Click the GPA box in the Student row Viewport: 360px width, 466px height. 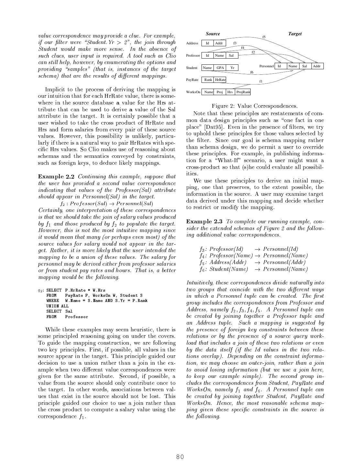(x=220, y=68)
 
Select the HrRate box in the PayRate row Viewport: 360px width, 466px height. (x=220, y=80)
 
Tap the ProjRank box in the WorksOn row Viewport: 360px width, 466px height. (x=243, y=92)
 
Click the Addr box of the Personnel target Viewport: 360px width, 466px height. (x=317, y=66)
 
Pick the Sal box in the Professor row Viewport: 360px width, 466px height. (x=231, y=55)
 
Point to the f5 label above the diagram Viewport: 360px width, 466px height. (x=264, y=37)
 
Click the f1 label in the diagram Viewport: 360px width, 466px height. (x=261, y=81)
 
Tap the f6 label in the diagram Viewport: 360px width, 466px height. (x=252, y=72)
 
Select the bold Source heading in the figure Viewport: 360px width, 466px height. (x=213, y=34)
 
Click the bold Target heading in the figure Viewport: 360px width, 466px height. (x=295, y=34)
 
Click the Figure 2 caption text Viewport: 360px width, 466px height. (x=255, y=106)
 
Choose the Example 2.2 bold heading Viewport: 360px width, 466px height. (x=56, y=177)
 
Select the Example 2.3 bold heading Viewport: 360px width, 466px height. (x=204, y=222)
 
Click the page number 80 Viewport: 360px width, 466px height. (x=180, y=457)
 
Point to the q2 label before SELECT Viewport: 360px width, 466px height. (x=41, y=290)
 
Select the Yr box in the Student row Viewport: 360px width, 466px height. (x=232, y=68)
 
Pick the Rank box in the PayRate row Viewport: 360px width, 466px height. (x=208, y=80)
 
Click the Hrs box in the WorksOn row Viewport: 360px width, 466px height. (x=230, y=92)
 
